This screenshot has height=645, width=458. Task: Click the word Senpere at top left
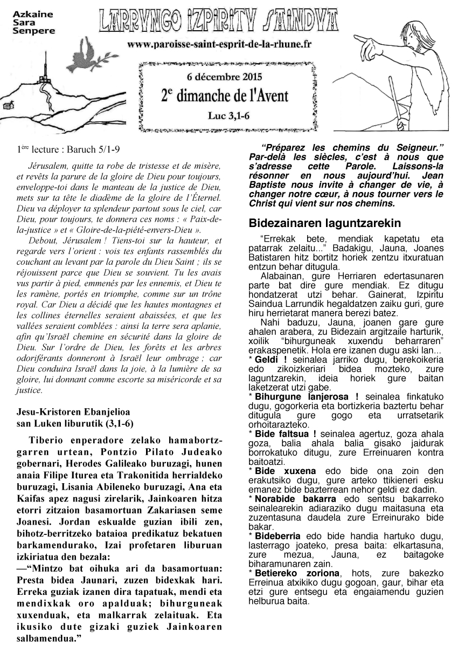coord(33,31)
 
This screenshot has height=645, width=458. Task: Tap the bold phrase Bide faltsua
coord(285,434)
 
